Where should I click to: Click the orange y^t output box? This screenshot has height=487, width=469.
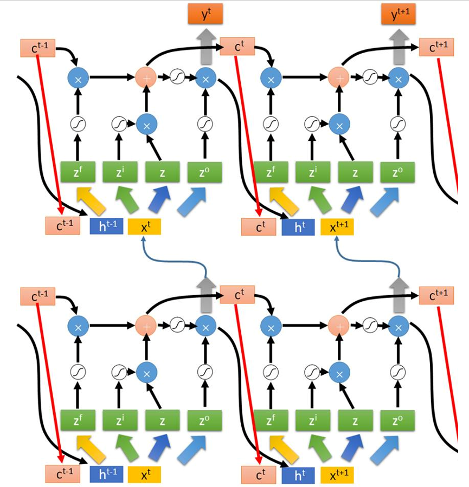point(205,14)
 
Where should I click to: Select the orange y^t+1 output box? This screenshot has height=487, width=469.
point(399,14)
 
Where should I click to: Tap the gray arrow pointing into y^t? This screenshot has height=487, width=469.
point(206,47)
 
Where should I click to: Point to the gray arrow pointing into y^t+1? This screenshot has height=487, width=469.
point(399,47)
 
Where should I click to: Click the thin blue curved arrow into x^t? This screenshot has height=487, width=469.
point(174,260)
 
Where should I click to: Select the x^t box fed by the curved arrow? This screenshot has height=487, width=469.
point(144,227)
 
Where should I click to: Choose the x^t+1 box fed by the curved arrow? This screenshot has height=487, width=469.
point(337,227)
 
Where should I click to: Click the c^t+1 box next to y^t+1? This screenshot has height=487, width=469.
point(436,47)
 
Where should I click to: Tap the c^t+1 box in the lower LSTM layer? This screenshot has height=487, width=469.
point(436,295)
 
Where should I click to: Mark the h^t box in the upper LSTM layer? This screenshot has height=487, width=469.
point(298,227)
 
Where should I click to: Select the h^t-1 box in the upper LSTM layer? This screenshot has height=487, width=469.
point(106,226)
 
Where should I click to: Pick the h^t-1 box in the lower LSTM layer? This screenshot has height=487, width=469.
point(106,474)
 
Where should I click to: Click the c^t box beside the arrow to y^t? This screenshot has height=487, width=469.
point(237,47)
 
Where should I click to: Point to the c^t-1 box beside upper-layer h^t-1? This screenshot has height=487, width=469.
point(63,226)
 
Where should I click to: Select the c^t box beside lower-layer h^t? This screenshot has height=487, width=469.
point(259,475)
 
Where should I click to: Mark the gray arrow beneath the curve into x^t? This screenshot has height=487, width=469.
point(206,295)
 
